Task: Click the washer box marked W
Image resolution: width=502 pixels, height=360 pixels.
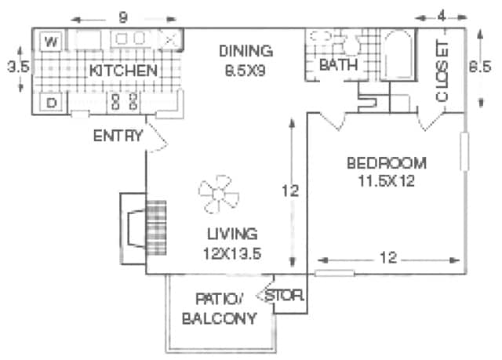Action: coord(51,41)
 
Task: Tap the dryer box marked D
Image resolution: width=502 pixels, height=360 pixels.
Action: coord(51,103)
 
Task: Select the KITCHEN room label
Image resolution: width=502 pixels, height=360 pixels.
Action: coord(123,71)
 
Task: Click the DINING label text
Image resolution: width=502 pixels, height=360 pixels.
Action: coord(246,51)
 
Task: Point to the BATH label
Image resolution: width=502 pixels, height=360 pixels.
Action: coord(338,65)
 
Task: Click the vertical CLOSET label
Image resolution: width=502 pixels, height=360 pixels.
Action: coord(442,72)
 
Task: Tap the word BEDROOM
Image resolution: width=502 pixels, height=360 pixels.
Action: coord(387,163)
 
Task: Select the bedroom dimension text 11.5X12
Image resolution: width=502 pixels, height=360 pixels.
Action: coord(386,181)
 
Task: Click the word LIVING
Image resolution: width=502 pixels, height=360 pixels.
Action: coord(232,234)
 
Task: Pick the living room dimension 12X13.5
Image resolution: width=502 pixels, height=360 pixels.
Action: coord(232,254)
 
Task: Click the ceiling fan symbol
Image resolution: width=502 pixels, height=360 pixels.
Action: coord(219,195)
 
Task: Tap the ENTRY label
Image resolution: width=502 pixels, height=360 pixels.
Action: coord(118,136)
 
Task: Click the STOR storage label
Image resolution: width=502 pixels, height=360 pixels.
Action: coord(284,296)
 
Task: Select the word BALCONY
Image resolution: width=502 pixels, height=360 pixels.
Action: coord(220,318)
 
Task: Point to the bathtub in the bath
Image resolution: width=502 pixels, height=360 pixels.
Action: coord(398,54)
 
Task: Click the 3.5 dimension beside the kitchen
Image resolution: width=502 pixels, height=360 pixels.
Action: coord(18,67)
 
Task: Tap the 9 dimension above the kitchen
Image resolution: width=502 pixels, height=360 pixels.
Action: coord(123,17)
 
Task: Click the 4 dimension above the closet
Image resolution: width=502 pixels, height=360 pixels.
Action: coord(442,16)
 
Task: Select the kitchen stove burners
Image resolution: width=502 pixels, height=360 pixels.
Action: coord(124,102)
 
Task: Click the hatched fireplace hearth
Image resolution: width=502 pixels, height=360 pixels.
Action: coord(156,227)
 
